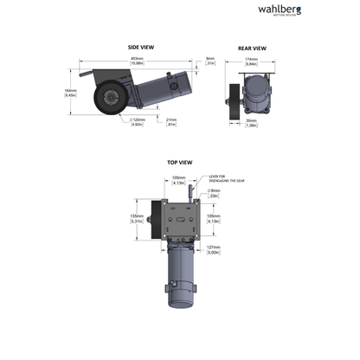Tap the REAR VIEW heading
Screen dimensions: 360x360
[x=252, y=48]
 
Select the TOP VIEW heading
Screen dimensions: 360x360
[x=179, y=162]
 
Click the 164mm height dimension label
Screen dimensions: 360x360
[x=71, y=93]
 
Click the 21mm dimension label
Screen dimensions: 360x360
[x=170, y=122]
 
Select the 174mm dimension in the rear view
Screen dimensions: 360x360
[x=252, y=61]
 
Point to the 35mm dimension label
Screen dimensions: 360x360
[x=251, y=124]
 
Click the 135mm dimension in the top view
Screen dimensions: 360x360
[x=135, y=217]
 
